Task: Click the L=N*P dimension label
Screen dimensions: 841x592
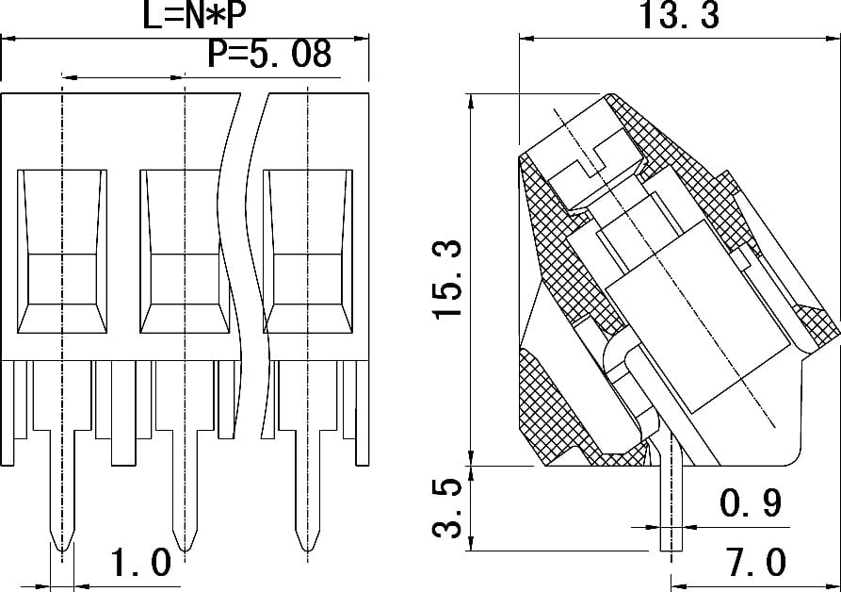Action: click(x=194, y=15)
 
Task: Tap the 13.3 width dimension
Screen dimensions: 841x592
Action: click(x=678, y=15)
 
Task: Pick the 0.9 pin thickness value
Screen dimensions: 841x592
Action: click(x=750, y=502)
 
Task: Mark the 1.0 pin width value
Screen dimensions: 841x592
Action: click(x=140, y=563)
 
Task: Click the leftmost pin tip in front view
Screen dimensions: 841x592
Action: click(x=62, y=550)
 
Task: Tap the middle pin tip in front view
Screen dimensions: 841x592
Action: click(x=185, y=550)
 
